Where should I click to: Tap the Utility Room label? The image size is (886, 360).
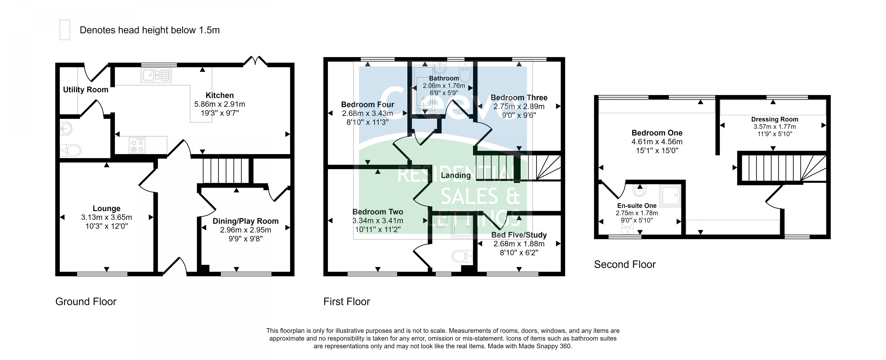(x=86, y=90)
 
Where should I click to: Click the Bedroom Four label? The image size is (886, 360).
(x=367, y=105)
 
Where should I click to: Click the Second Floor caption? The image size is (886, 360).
(x=625, y=264)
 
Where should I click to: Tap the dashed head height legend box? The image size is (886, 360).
(x=65, y=30)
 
